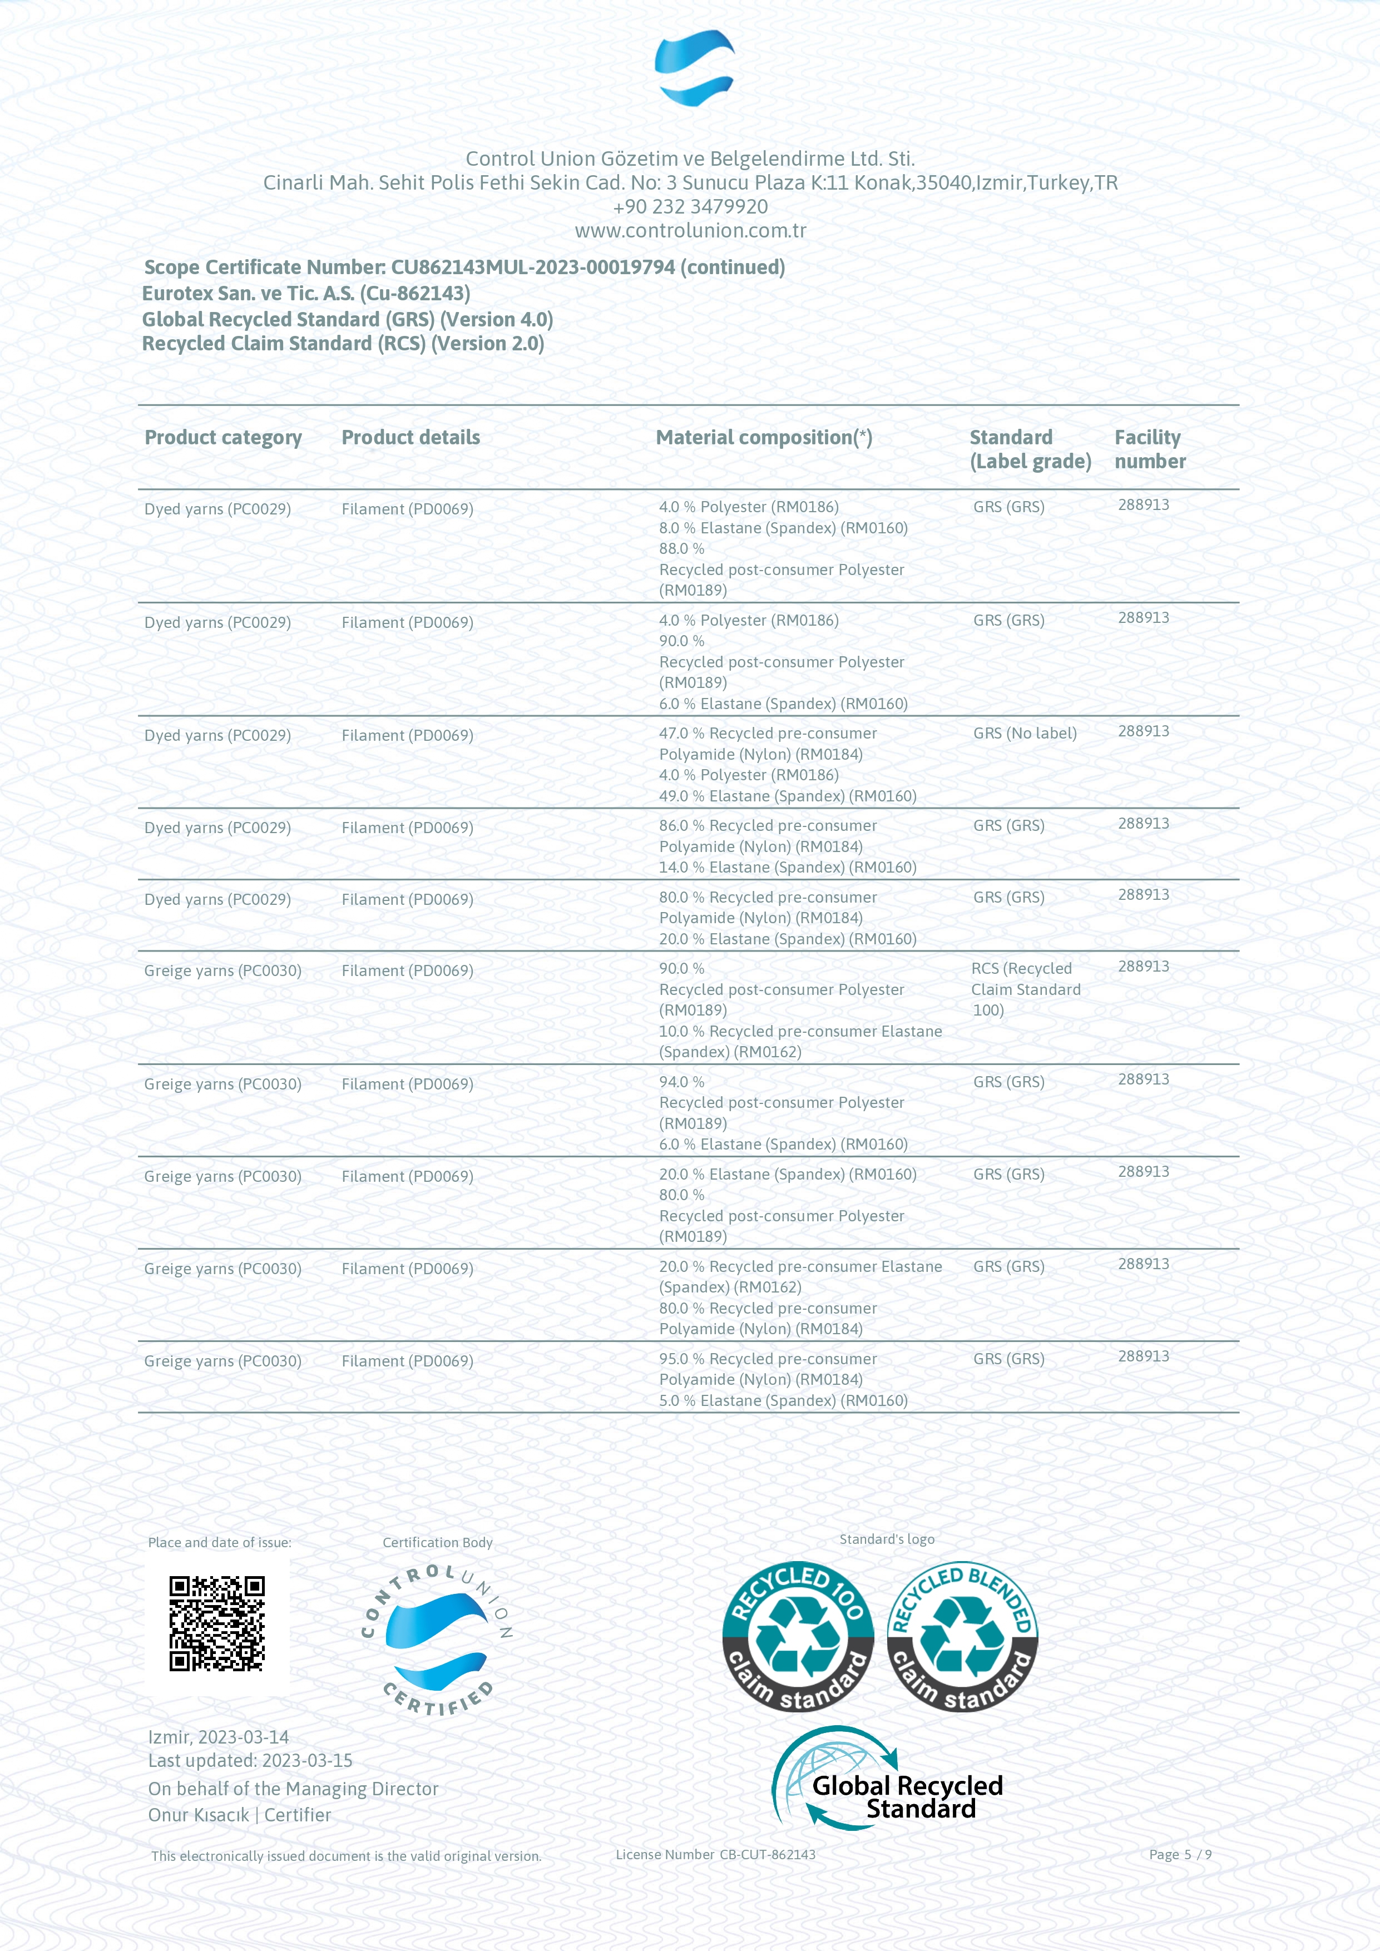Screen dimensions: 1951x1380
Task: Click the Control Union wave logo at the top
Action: pyautogui.click(x=694, y=68)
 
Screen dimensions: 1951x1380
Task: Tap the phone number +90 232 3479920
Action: pyautogui.click(x=690, y=206)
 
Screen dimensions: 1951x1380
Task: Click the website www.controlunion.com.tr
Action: pyautogui.click(x=690, y=230)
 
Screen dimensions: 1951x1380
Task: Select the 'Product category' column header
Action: pyautogui.click(x=222, y=438)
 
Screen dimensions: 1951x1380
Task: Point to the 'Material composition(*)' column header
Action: pyautogui.click(x=763, y=438)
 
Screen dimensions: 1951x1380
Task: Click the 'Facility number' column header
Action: pyautogui.click(x=1150, y=449)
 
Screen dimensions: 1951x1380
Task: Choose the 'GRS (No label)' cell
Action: pyautogui.click(x=1025, y=734)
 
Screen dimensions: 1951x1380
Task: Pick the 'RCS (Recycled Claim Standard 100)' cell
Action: pyautogui.click(x=1026, y=989)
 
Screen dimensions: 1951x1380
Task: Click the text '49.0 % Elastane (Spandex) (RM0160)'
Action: pyautogui.click(x=787, y=796)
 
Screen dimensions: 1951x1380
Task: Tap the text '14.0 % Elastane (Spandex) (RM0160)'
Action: pyautogui.click(x=787, y=868)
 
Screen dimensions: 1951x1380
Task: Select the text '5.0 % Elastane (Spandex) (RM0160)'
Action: pyautogui.click(x=783, y=1400)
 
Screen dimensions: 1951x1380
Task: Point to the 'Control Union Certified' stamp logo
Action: pyautogui.click(x=437, y=1640)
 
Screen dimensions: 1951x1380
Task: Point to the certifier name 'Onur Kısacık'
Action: pyautogui.click(x=198, y=1815)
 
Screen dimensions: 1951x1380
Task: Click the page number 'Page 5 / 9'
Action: pyautogui.click(x=1179, y=1854)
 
